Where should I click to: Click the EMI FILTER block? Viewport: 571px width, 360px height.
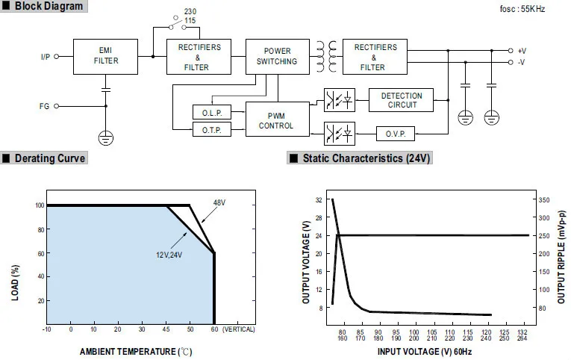[x=105, y=56]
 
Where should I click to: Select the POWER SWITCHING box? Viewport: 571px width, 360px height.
[x=276, y=56]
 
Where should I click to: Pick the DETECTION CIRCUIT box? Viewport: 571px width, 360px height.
[x=402, y=101]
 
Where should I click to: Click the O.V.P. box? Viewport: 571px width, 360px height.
[x=394, y=134]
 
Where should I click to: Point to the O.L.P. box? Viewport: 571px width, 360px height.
[x=212, y=113]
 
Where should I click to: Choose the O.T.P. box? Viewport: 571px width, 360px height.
[x=212, y=130]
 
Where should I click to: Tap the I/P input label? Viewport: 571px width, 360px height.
[x=46, y=57]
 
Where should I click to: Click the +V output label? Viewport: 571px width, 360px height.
[x=522, y=51]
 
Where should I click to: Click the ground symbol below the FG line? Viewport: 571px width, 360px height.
[x=105, y=138]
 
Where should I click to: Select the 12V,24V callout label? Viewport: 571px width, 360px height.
[x=169, y=255]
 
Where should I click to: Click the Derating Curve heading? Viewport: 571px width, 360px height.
[x=49, y=158]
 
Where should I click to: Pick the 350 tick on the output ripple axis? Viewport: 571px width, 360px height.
[x=543, y=200]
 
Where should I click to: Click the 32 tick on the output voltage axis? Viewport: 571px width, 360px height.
[x=319, y=200]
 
